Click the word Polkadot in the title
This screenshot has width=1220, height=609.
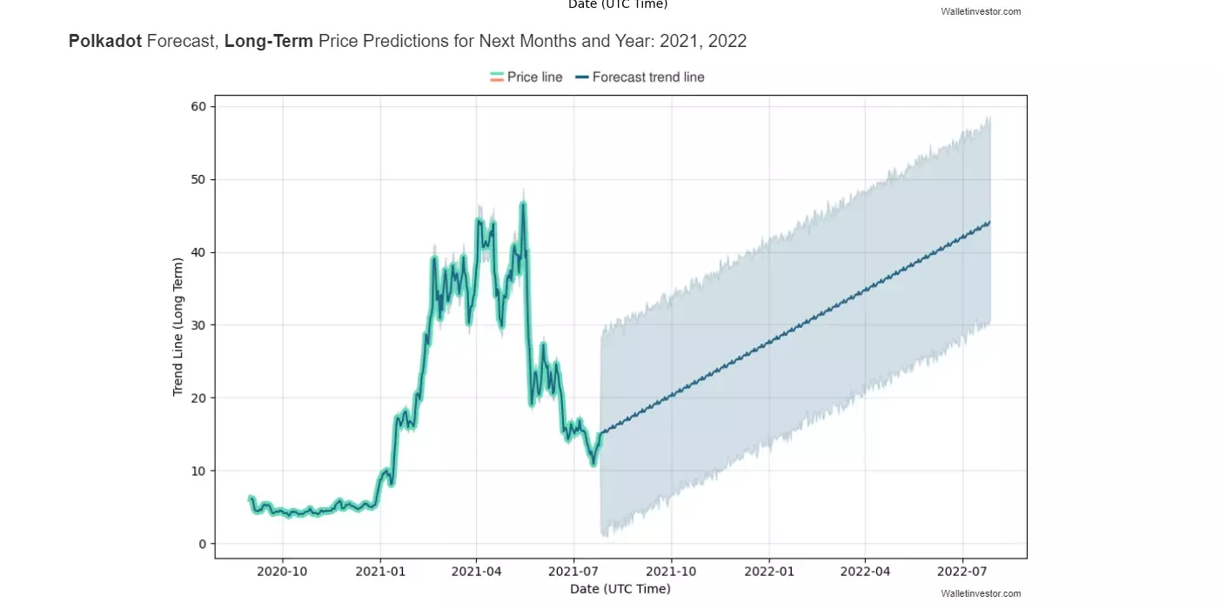(105, 41)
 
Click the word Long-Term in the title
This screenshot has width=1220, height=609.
(268, 41)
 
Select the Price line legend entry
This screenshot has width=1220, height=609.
(526, 77)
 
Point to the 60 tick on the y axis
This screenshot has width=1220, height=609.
(199, 106)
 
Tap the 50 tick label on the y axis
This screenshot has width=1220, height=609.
(199, 179)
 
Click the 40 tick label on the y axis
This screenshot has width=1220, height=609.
(199, 252)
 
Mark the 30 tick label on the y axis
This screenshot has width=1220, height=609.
(199, 325)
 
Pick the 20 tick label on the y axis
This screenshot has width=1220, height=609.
(199, 398)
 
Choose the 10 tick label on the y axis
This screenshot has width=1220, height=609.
(199, 471)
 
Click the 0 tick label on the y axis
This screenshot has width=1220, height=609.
(203, 544)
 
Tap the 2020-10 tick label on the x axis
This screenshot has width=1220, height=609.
(282, 572)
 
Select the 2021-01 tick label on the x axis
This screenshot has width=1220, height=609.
(379, 572)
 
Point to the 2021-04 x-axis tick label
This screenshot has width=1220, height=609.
(476, 572)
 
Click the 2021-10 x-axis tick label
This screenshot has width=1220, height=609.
(671, 572)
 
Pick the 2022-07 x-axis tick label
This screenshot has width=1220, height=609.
(962, 572)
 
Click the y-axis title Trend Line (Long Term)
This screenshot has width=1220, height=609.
(178, 326)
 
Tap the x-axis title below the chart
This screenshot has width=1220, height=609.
(620, 589)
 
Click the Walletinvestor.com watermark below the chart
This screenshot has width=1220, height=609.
(981, 593)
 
